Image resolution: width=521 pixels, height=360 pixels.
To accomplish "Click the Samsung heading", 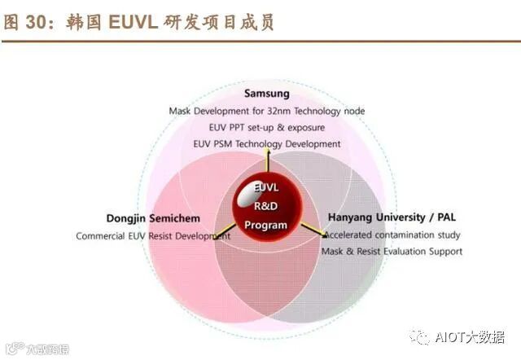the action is pos(266,94).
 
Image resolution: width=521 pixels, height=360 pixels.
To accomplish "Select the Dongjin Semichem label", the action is pos(153,218).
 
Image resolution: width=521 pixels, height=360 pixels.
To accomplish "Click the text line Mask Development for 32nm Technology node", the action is pos(266,111).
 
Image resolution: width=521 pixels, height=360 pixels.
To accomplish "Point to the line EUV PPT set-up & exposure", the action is pos(266,127).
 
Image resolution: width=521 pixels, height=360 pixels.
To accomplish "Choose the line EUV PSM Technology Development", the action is pos(266,143).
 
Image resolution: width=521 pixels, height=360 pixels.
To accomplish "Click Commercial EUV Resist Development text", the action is pos(153,235).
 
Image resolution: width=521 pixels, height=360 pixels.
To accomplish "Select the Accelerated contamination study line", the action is pos(392,235).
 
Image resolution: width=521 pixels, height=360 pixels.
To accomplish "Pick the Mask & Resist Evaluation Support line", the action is pos(392,251).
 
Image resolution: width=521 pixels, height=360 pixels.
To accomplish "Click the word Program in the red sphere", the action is pos(266,225).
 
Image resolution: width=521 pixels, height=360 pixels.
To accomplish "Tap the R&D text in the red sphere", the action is pos(267,206).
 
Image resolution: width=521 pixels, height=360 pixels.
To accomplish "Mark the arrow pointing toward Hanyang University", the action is pos(312,230).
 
